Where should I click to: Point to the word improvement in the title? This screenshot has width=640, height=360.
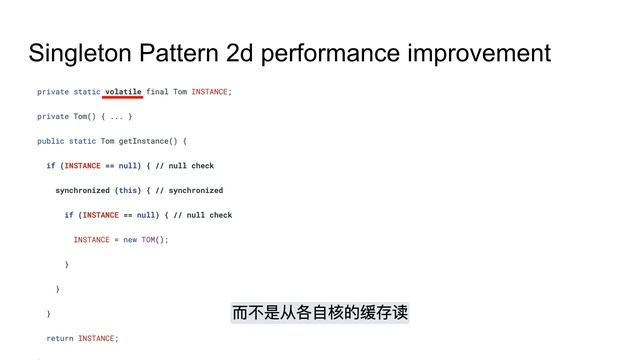click(487, 53)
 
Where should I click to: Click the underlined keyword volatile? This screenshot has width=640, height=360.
click(123, 92)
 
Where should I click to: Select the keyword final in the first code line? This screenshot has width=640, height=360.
click(157, 92)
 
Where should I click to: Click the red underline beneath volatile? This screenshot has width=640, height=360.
click(123, 99)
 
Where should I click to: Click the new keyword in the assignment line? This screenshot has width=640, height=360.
click(130, 239)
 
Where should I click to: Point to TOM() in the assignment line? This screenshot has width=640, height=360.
click(154, 239)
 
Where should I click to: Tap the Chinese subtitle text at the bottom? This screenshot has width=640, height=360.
click(320, 314)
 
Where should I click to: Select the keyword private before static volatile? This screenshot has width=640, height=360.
click(53, 92)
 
